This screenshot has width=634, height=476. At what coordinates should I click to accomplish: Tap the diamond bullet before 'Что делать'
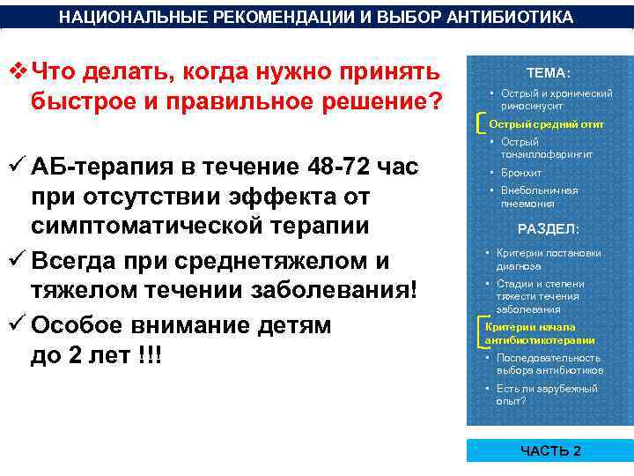[18, 70]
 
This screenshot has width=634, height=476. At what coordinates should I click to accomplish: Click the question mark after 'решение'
[434, 100]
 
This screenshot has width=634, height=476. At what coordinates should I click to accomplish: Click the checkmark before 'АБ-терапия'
[15, 166]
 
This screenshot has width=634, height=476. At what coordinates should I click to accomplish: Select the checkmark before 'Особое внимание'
[15, 325]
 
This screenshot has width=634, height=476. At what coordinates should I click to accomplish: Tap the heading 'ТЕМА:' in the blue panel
[548, 73]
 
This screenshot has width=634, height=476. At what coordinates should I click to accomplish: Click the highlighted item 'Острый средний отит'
[546, 124]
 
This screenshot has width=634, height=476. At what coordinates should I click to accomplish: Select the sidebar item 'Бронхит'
[520, 173]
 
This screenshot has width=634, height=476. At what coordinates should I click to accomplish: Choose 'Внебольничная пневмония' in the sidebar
[539, 197]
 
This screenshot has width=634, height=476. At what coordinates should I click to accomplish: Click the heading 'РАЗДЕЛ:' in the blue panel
[548, 229]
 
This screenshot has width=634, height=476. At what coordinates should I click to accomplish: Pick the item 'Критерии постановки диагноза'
[548, 259]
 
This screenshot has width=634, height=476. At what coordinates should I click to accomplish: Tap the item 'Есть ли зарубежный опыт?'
[546, 394]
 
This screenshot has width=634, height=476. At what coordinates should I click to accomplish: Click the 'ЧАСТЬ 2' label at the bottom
[550, 450]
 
